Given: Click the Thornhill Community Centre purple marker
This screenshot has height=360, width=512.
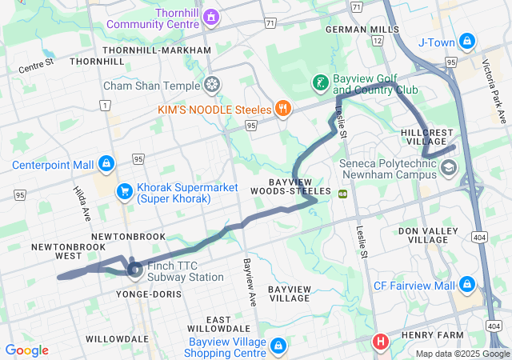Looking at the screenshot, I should (x=211, y=17).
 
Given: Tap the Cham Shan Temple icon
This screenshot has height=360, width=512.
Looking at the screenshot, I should (x=212, y=84).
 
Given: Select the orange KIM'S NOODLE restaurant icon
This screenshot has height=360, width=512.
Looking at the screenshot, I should (x=282, y=108).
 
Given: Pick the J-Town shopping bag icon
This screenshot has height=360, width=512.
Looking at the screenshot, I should (x=468, y=41).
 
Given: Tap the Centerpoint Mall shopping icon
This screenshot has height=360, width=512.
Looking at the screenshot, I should (x=106, y=165).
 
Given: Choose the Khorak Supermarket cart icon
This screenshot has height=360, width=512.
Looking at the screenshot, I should (x=124, y=191).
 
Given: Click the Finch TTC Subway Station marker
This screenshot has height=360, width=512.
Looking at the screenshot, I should (x=134, y=271).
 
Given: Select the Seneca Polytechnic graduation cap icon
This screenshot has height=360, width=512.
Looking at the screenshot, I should (x=449, y=168).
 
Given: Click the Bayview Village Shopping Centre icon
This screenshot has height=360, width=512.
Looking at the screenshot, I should (x=278, y=346).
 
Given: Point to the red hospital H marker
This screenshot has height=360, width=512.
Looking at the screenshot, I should (x=380, y=342).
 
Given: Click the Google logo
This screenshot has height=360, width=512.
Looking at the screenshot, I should (x=26, y=350).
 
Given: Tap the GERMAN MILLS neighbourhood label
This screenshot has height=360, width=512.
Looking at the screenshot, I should (x=362, y=30).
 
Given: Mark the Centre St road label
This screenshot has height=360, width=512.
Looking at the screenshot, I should (x=36, y=64).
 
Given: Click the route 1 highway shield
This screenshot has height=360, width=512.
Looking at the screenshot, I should (x=104, y=105).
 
